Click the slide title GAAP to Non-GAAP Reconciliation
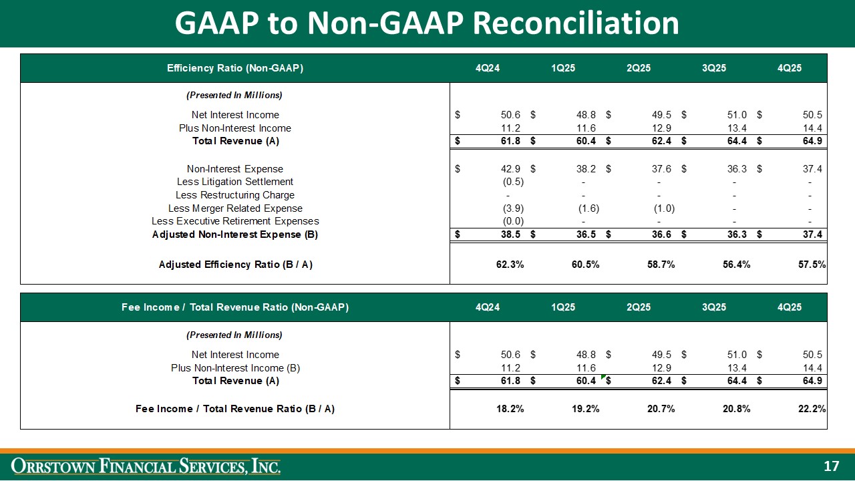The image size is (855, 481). [x=427, y=23]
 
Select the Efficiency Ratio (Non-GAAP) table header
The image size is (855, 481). [x=235, y=68]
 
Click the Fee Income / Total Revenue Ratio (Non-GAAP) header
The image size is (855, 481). [x=235, y=307]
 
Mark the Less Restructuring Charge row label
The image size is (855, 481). [x=235, y=195]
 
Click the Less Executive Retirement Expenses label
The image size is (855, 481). [x=235, y=221]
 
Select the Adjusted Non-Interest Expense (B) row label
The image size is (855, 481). [x=235, y=234]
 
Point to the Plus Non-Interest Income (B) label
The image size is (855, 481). [x=235, y=368]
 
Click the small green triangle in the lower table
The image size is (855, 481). [x=603, y=377]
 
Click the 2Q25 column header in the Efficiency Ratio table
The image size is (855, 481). [x=639, y=68]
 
